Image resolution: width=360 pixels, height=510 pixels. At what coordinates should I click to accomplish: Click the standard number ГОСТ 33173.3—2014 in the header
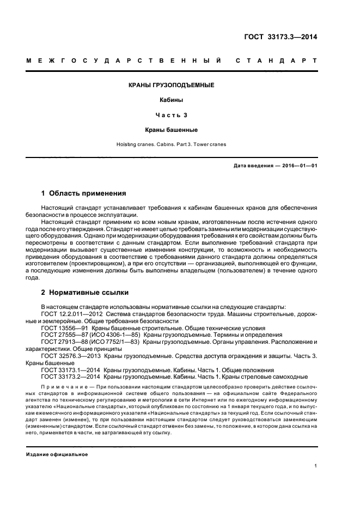click(281, 37)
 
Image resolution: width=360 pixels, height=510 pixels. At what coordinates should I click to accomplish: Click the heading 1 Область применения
click(84, 193)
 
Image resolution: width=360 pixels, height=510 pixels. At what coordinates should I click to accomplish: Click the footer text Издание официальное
click(57, 454)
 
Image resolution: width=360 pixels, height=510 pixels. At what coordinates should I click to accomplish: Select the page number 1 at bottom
click(315, 466)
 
